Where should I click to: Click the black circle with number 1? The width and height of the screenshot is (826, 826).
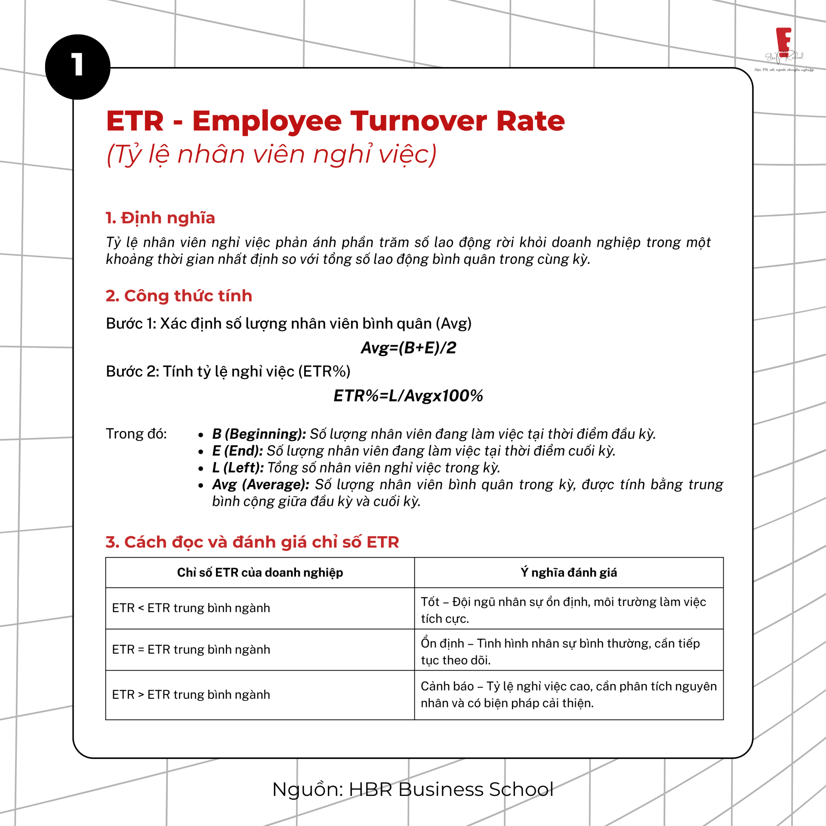coord(77,67)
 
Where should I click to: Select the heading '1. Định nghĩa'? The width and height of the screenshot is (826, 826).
coord(160,218)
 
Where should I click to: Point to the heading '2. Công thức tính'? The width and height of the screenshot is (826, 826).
coord(179,296)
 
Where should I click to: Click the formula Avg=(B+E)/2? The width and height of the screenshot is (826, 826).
coord(408,348)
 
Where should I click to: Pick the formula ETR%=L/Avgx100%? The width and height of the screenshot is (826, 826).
coord(408,396)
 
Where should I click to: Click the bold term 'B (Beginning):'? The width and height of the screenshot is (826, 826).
coord(259,434)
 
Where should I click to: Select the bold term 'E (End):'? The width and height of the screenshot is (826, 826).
coord(237,450)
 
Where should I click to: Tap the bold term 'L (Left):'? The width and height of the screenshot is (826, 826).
coord(238,467)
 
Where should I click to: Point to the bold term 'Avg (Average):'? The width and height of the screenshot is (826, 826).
coord(261,484)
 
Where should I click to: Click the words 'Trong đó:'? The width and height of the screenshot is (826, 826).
coord(136,434)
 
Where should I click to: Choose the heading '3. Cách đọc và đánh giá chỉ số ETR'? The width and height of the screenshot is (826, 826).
coord(253,542)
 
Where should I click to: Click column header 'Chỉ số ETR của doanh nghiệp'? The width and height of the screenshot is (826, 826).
coord(260,573)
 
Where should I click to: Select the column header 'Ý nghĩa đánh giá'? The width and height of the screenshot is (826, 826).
coord(569,573)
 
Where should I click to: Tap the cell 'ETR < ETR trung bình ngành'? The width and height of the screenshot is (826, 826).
coord(191,608)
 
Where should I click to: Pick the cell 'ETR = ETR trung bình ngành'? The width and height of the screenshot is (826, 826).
coord(191,649)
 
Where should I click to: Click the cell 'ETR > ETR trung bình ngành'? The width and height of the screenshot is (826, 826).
coord(191,694)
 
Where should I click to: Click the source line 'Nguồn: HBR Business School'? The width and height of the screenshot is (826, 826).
coord(413,789)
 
